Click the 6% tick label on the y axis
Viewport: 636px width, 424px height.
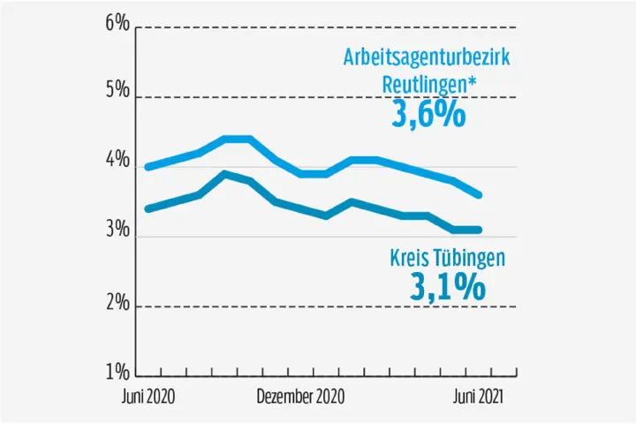[117, 25]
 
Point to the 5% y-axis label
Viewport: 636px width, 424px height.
[117, 93]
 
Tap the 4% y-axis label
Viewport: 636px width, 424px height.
[117, 163]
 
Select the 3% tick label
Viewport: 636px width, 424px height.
[117, 233]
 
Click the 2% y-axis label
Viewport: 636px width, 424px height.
[117, 304]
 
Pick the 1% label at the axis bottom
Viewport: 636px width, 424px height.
[117, 373]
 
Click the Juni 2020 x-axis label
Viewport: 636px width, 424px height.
[148, 397]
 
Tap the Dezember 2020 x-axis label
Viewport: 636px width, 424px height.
[299, 397]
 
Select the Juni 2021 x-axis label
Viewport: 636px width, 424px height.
[478, 397]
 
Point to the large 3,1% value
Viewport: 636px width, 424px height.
[448, 285]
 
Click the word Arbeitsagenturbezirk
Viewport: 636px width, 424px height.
[426, 59]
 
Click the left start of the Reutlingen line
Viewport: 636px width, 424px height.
[147, 167]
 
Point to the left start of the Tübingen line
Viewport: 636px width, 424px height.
[147, 209]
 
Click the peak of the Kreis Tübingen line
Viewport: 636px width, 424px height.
[225, 174]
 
